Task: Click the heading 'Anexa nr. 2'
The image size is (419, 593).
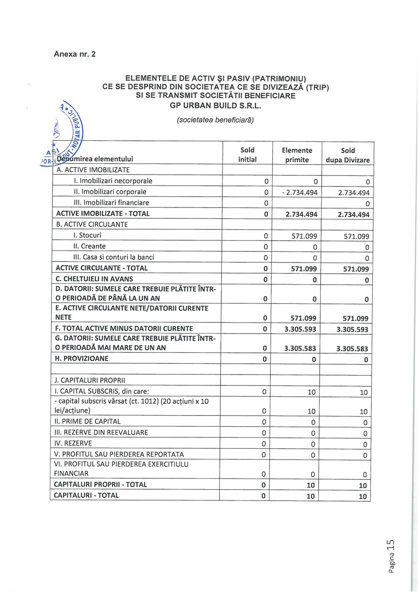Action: pyautogui.click(x=75, y=54)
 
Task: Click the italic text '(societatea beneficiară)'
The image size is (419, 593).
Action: pyautogui.click(x=215, y=120)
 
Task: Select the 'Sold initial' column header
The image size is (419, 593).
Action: pyautogui.click(x=247, y=155)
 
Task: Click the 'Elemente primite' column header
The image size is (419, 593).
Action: pyautogui.click(x=297, y=155)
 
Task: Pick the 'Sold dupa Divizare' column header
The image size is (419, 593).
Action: pyautogui.click(x=348, y=155)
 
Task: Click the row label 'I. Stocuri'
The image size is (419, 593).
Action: pyautogui.click(x=87, y=235)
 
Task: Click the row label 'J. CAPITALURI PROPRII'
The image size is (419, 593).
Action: pyautogui.click(x=91, y=380)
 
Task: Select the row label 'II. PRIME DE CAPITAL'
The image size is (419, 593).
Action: pyautogui.click(x=88, y=422)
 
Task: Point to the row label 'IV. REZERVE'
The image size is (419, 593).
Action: pyautogui.click(x=74, y=443)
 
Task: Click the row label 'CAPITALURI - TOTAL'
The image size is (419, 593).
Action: pyautogui.click(x=86, y=495)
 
